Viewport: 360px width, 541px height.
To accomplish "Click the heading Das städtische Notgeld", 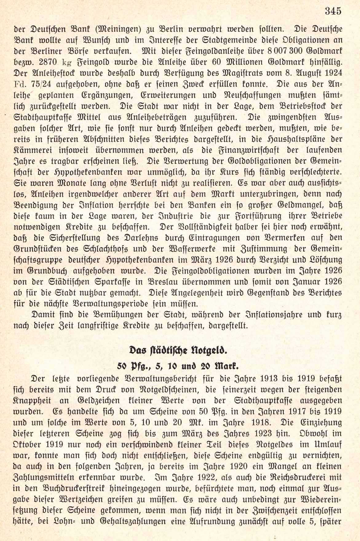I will [181, 349].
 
